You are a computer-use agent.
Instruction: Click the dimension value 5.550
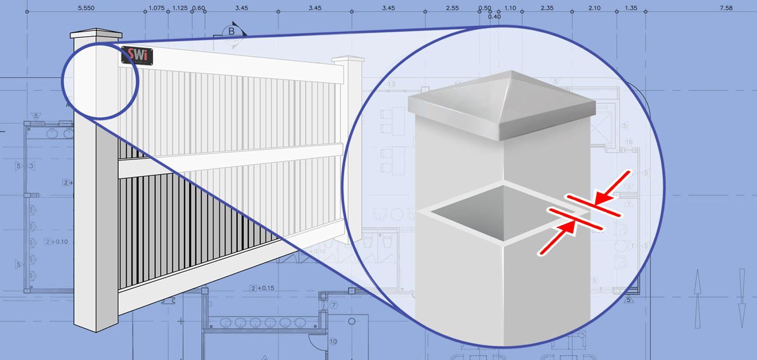click(x=86, y=8)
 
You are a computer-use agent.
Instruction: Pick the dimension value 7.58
click(x=725, y=8)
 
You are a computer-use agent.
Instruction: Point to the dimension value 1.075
click(x=156, y=8)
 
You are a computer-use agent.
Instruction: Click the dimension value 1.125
click(x=180, y=8)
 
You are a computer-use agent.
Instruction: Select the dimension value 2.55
click(x=452, y=8)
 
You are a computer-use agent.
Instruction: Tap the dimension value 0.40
click(x=494, y=17)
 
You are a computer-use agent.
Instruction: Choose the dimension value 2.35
click(x=547, y=8)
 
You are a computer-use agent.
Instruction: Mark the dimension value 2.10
click(x=594, y=8)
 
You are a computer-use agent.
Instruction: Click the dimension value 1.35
click(x=631, y=8)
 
